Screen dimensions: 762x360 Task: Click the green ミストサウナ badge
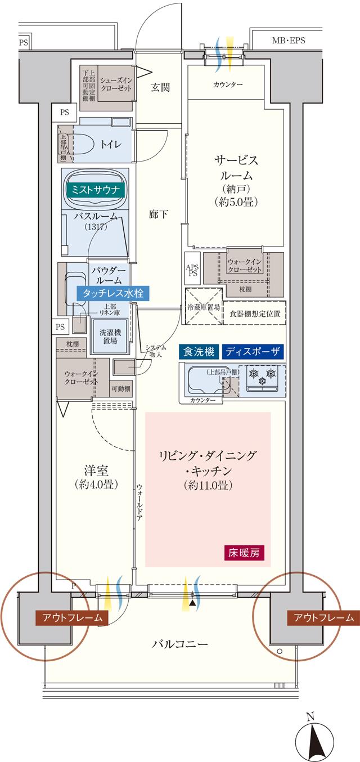(x=95, y=190)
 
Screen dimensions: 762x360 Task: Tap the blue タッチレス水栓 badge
(x=115, y=293)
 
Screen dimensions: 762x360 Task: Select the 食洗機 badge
(x=198, y=352)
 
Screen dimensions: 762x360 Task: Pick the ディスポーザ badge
(x=253, y=352)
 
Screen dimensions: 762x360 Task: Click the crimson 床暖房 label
(x=244, y=552)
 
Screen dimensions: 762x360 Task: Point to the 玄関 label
(x=160, y=87)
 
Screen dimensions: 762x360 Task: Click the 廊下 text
(x=158, y=213)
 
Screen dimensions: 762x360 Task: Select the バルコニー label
(x=180, y=643)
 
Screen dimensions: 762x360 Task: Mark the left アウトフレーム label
(x=71, y=617)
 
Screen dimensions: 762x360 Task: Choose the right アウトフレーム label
(x=323, y=617)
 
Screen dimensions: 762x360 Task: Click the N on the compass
(x=309, y=716)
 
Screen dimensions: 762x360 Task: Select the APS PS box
(x=192, y=270)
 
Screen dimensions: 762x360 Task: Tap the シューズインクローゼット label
(x=116, y=85)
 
